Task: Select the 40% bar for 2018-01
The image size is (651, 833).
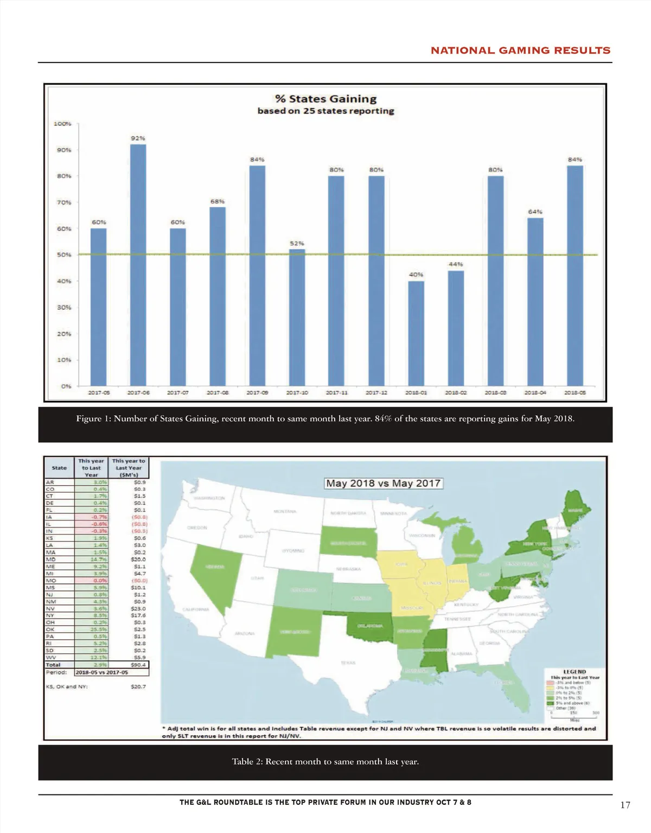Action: (416, 333)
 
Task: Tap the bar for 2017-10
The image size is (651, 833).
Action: (297, 317)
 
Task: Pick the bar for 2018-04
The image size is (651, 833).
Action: (535, 302)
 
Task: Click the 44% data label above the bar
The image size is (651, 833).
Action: (455, 264)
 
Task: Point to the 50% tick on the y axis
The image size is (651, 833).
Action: (64, 255)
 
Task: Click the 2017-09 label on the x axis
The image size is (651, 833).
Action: (257, 392)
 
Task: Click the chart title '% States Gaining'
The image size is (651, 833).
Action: (325, 99)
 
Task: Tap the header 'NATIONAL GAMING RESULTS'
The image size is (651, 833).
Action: (520, 50)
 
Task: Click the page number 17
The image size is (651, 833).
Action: (625, 805)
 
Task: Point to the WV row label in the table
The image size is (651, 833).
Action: (50, 658)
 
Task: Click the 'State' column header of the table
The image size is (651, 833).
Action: (59, 468)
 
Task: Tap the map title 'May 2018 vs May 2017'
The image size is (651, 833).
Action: (384, 483)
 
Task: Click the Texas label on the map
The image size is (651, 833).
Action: (348, 663)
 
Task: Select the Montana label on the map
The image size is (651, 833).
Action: (285, 511)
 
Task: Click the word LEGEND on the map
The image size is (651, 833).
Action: (575, 671)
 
